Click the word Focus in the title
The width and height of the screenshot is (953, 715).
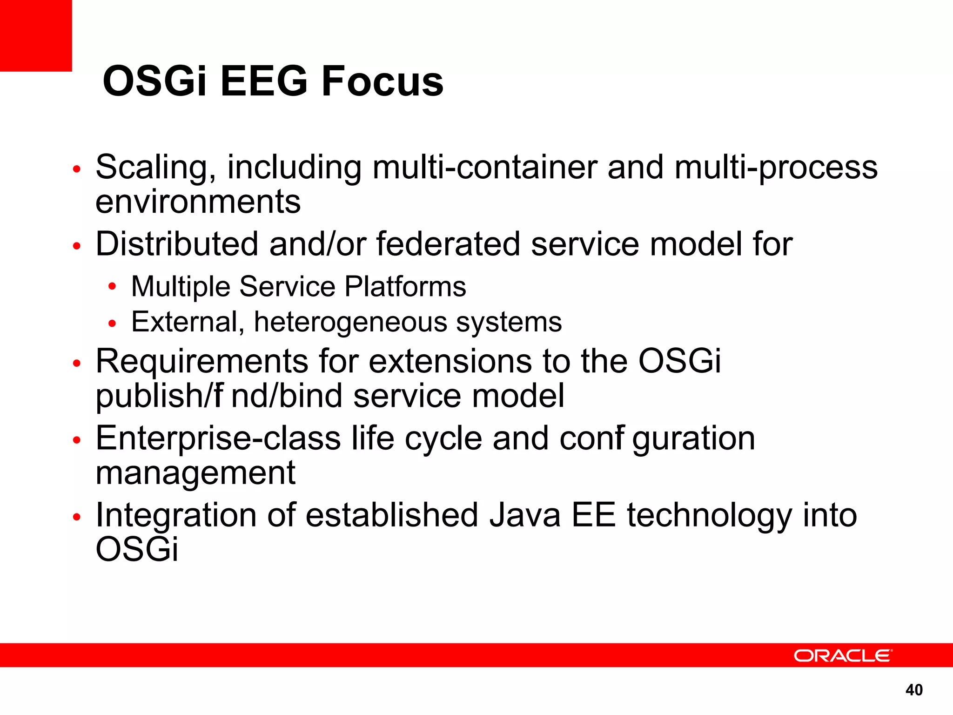tap(382, 81)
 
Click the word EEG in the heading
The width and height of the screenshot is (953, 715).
tap(264, 81)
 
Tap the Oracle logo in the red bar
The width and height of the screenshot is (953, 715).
tap(843, 655)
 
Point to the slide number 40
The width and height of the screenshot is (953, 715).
tap(914, 689)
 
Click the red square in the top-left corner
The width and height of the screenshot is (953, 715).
tap(36, 35)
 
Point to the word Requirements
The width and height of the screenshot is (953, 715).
tap(202, 361)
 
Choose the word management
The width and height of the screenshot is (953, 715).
tap(195, 473)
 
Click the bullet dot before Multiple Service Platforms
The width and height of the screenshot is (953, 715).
tap(112, 286)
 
